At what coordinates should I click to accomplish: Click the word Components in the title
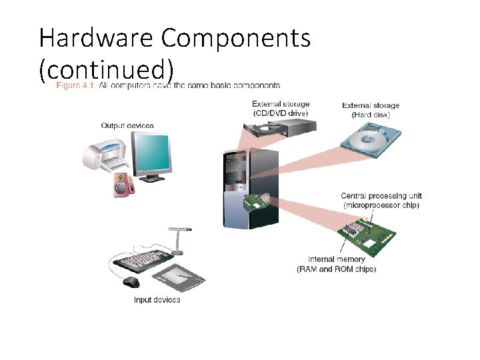(236, 39)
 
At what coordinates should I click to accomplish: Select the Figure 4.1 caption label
(75, 85)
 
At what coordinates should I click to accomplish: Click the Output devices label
(127, 125)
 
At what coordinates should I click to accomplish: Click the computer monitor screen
(151, 152)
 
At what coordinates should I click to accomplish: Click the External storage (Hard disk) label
(371, 110)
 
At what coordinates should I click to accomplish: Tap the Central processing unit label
(381, 200)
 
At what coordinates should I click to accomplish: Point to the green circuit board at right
(366, 233)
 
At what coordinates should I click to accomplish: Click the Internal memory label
(336, 264)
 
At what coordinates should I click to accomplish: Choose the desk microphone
(179, 240)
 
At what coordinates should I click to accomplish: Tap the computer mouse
(131, 283)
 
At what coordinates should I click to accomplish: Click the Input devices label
(157, 300)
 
